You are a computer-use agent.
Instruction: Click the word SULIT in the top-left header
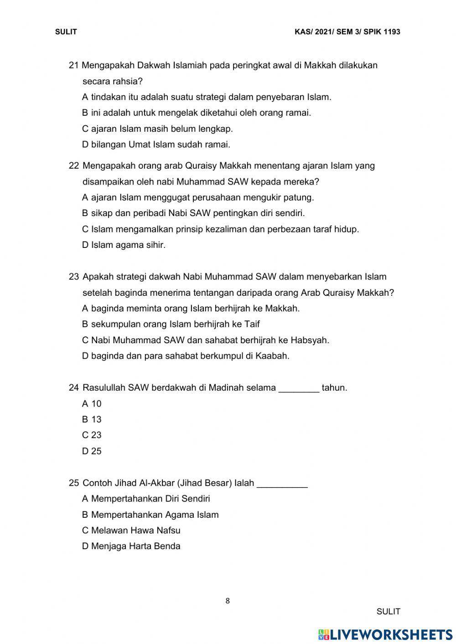(66, 32)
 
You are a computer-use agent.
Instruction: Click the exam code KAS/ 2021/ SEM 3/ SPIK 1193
(347, 32)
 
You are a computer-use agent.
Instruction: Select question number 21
(73, 65)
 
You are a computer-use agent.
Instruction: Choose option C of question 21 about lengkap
(157, 129)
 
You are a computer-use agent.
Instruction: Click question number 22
(74, 166)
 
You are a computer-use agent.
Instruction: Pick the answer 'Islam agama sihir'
(124, 245)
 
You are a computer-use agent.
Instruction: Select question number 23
(74, 277)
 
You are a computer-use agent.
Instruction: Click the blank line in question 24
(299, 388)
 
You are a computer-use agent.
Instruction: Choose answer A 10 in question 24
(92, 404)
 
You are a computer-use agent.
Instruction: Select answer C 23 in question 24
(92, 435)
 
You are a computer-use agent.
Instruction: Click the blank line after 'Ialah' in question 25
(282, 484)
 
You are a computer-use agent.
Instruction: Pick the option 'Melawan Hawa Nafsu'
(131, 531)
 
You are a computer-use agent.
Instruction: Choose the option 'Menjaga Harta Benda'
(131, 546)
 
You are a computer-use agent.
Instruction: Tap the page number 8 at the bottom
(228, 601)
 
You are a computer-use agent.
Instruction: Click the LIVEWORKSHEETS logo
(385, 634)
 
